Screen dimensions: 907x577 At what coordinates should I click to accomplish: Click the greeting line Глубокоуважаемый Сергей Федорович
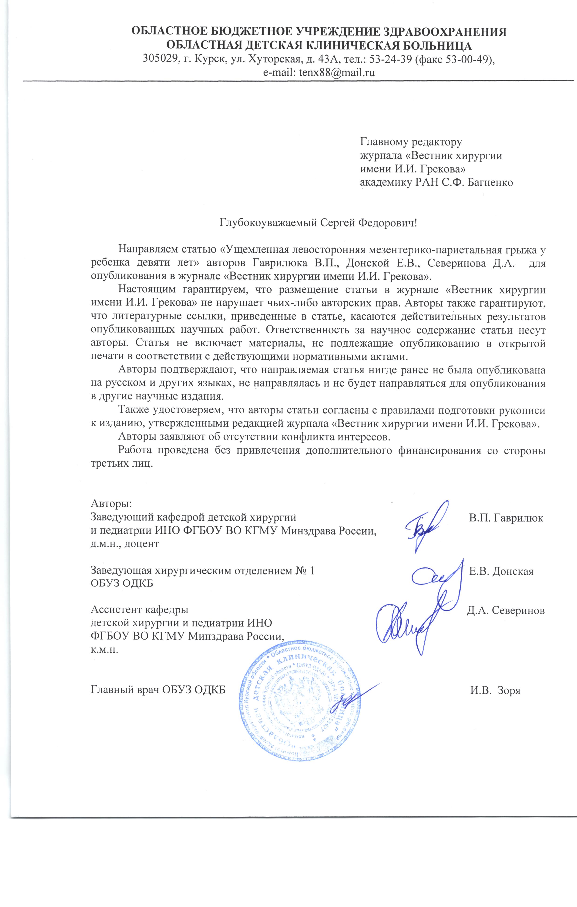pyautogui.click(x=318, y=223)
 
